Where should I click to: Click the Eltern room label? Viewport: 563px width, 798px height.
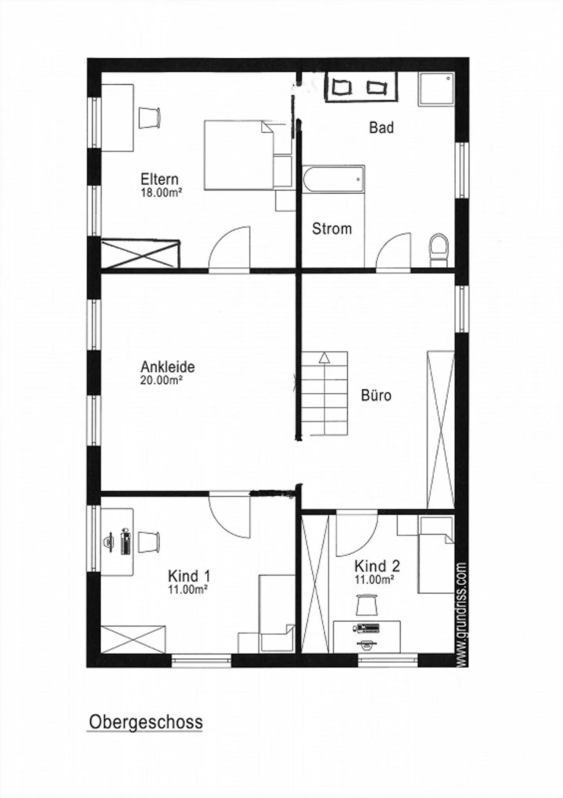(159, 179)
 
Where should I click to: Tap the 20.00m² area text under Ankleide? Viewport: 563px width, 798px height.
(161, 380)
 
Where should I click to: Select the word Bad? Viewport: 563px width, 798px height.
(381, 128)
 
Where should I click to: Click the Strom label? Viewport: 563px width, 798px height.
(332, 229)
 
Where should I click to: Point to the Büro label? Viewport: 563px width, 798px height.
(376, 395)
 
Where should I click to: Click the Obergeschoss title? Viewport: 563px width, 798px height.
(145, 722)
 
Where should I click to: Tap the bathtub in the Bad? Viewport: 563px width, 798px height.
(333, 179)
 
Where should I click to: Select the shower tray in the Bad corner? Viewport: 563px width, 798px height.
(436, 89)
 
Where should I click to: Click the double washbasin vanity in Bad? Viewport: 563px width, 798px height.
(361, 87)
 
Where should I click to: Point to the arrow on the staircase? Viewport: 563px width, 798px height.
(324, 358)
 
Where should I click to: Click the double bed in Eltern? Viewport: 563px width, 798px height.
(238, 155)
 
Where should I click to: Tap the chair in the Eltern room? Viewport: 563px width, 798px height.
(149, 117)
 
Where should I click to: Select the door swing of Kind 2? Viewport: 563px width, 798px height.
(356, 533)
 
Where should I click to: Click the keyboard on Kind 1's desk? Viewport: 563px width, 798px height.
(126, 542)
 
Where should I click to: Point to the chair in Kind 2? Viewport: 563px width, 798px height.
(367, 604)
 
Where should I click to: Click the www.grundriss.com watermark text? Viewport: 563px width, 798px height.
(462, 614)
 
